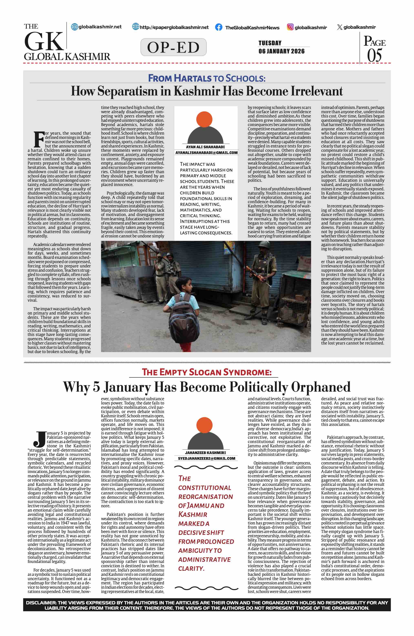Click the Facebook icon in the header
[218, 27]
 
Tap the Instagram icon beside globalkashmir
[290, 27]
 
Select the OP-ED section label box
[173, 47]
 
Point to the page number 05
[374, 55]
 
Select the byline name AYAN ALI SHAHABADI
[205, 147]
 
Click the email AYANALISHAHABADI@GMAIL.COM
[206, 153]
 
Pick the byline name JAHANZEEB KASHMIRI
[205, 453]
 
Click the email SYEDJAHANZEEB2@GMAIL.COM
[206, 458]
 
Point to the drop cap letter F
[39, 139]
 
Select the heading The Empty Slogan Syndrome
[206, 372]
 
